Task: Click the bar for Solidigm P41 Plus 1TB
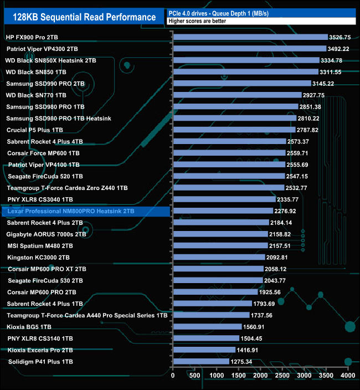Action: tap(201, 362)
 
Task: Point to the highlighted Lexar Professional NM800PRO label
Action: tap(71, 211)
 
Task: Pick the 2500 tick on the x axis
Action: tap(282, 376)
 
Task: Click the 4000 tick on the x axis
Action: tap(347, 376)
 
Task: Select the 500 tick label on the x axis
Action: tap(195, 376)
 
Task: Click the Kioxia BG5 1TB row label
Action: tap(29, 327)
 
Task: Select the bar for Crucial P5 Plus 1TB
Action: tap(234, 130)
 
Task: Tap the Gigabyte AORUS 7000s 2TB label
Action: tap(46, 234)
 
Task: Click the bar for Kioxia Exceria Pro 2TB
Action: tap(204, 350)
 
